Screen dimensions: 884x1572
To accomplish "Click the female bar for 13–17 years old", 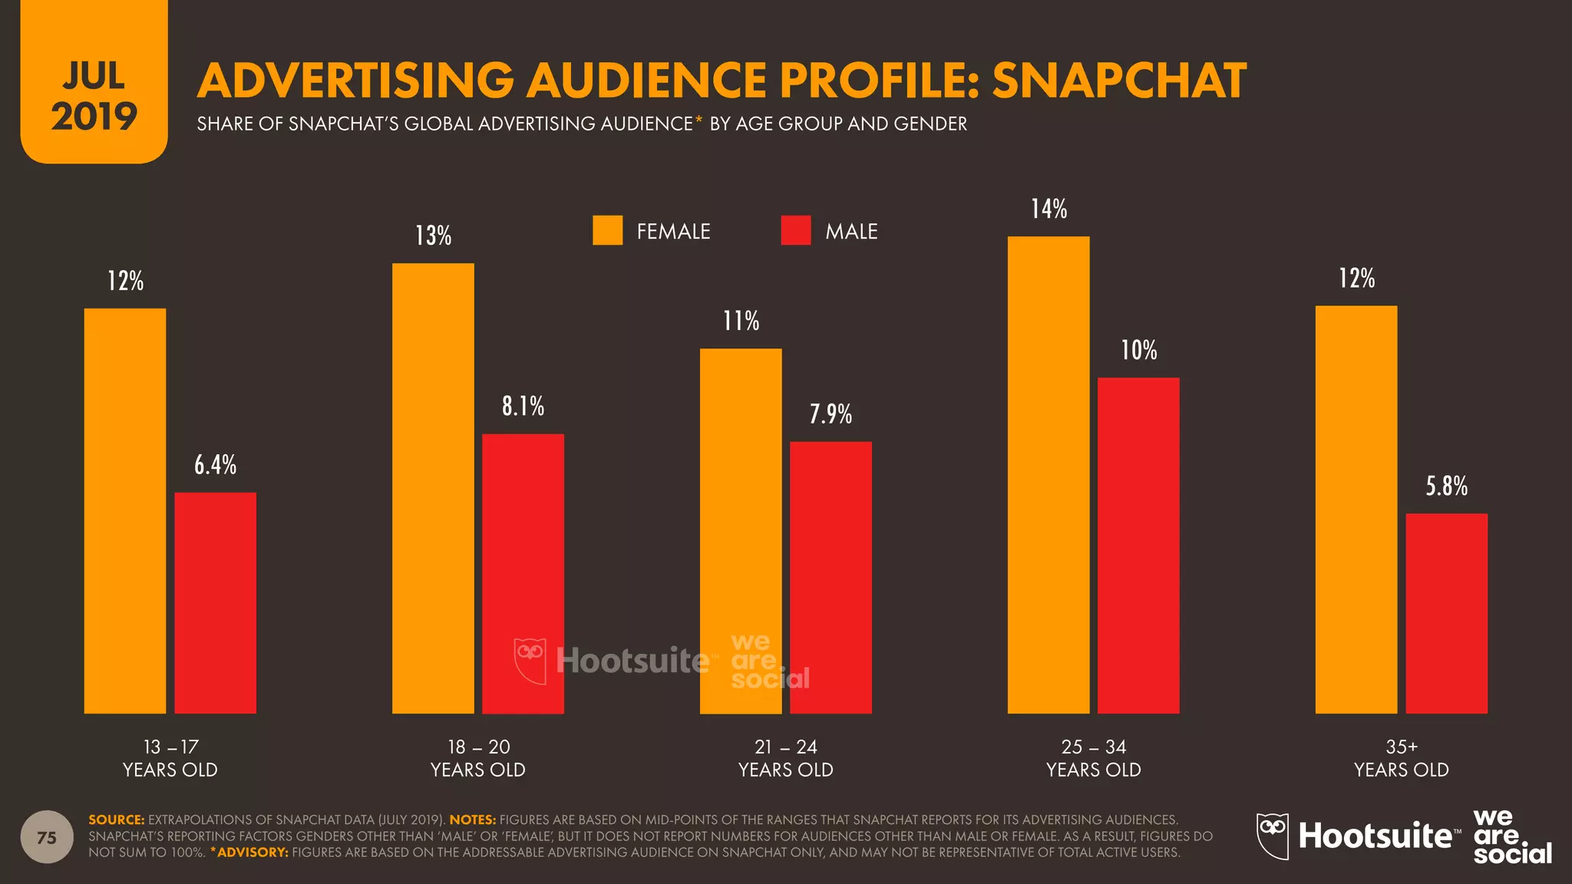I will [x=125, y=510].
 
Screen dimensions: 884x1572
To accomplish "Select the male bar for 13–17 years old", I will [x=215, y=602].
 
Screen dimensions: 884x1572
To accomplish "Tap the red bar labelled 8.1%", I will [x=523, y=573].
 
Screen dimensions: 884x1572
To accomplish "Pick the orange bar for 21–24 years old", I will [x=741, y=531].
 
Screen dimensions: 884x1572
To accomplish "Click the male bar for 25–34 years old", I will [x=1138, y=545].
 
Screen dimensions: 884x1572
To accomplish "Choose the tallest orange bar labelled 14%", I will [x=1049, y=474].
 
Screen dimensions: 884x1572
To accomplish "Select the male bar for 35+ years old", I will [x=1446, y=613].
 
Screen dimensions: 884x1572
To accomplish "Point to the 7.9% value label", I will [x=831, y=414].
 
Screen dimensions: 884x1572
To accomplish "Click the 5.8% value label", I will [x=1446, y=486].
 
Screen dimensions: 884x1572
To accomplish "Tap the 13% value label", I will [x=433, y=236].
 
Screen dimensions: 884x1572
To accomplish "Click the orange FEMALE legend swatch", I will [x=607, y=230].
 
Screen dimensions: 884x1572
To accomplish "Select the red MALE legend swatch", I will [x=795, y=230].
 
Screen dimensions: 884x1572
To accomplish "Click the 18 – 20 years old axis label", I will [x=478, y=758].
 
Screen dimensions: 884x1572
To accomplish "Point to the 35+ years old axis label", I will [x=1401, y=758].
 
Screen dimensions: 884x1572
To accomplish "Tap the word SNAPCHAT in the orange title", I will [x=1119, y=81].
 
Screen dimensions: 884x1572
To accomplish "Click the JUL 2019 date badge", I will [x=94, y=96].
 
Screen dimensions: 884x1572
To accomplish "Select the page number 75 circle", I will [x=47, y=837].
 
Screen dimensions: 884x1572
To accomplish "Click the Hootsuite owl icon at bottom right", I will [x=1272, y=836].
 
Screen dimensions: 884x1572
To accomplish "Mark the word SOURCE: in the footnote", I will [x=117, y=820].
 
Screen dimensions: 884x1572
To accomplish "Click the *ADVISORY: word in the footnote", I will [x=249, y=853].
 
